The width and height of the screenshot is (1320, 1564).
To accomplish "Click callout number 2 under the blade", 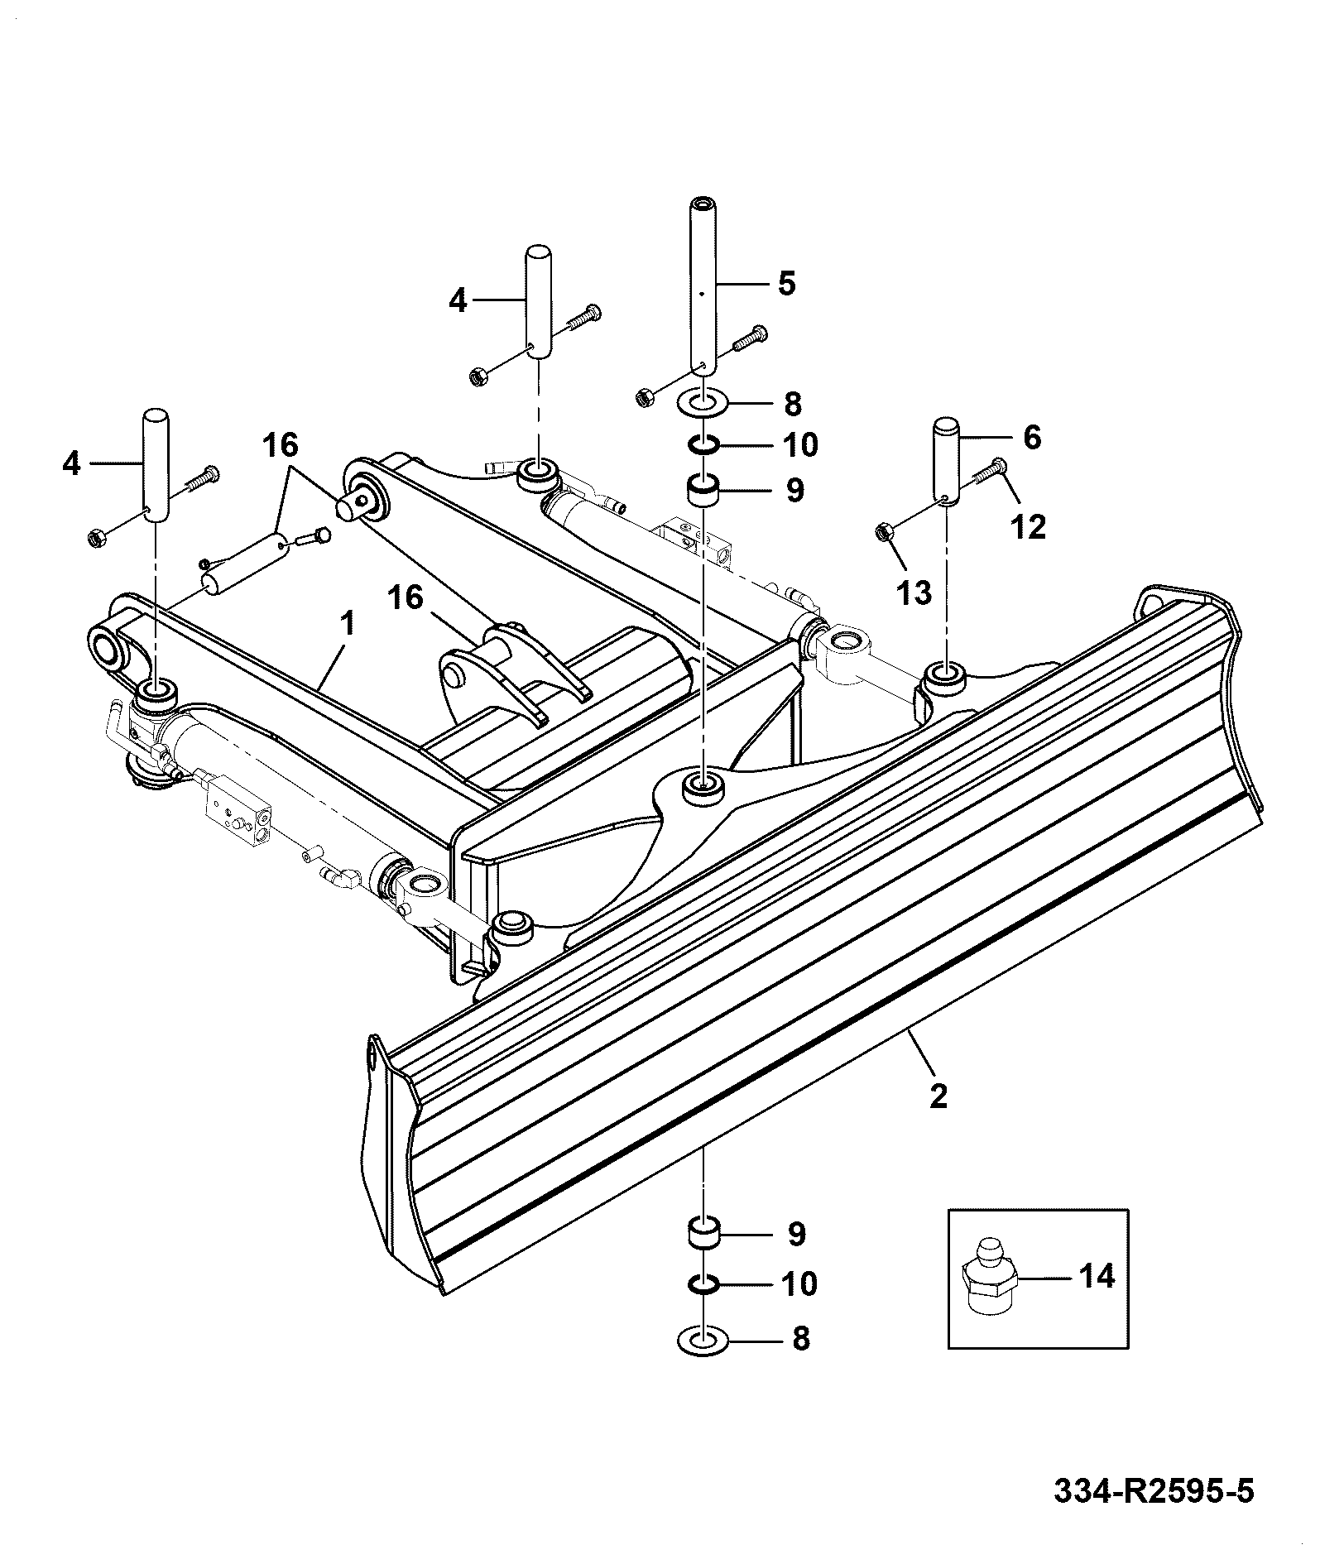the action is [x=938, y=1096].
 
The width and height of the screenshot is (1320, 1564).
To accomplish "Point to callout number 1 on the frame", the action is [x=348, y=622].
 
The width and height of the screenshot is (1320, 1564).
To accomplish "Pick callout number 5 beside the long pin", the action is [x=786, y=283].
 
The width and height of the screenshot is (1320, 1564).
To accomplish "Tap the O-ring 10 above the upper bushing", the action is [x=703, y=447].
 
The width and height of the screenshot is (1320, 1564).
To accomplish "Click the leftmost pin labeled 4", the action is [x=156, y=465].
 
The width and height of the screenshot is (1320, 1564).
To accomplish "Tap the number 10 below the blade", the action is [x=799, y=1283].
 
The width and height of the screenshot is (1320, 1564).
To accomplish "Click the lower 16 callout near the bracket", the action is [x=406, y=597].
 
